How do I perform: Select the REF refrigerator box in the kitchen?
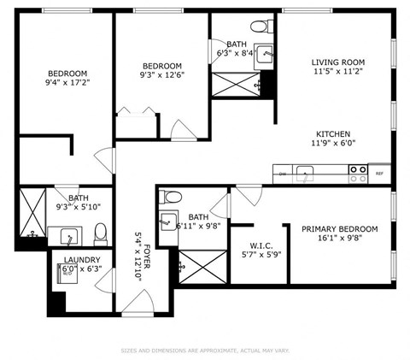coord(379,173)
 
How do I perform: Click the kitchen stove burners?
coord(359,172)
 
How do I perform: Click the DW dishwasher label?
coord(283,173)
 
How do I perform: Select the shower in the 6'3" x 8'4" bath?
coord(237,84)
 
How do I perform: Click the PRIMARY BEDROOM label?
coord(339,229)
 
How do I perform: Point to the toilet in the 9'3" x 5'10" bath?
coord(100,233)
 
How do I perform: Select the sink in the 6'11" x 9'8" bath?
coord(167,220)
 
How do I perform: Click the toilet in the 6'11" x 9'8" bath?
coord(167,197)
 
